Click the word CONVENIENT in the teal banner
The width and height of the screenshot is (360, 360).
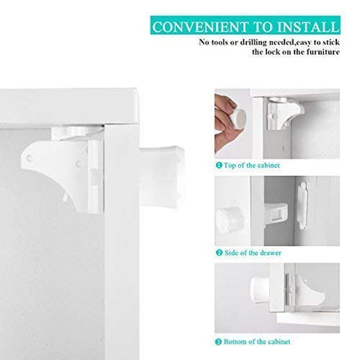click(200, 27)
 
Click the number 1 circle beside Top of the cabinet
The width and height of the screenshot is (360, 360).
click(218, 165)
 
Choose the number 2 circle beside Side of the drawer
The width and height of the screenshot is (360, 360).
click(219, 253)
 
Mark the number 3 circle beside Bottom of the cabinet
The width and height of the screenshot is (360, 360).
click(218, 342)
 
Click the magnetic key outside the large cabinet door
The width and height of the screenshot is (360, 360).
click(163, 175)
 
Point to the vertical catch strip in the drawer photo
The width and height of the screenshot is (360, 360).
click(302, 205)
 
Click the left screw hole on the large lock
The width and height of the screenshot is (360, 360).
click(29, 158)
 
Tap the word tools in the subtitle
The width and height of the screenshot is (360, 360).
click(219, 43)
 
